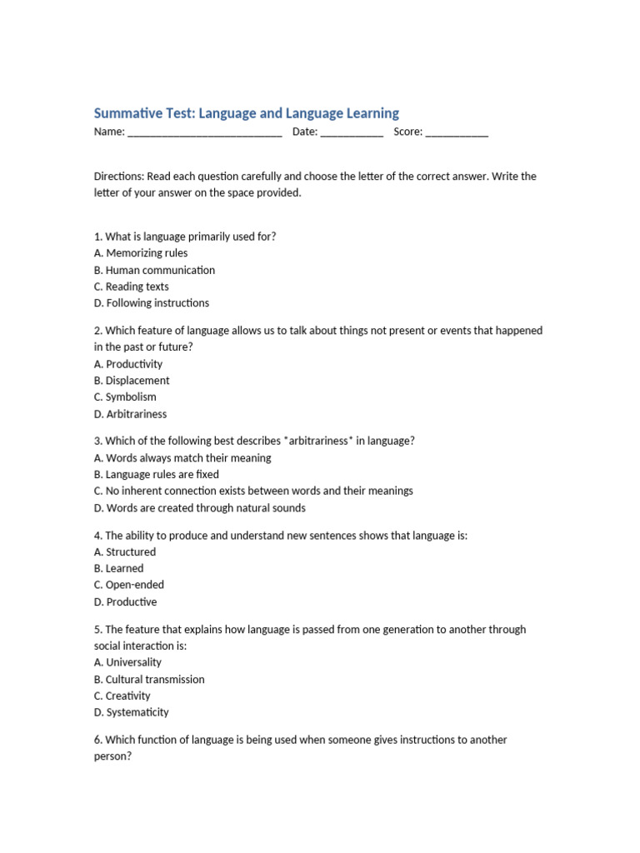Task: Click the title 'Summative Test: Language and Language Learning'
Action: tap(247, 112)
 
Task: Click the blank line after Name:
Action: tap(205, 132)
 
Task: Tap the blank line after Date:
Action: tap(351, 132)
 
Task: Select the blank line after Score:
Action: tap(457, 132)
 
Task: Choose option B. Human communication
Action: tap(154, 270)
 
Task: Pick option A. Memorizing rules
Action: tap(141, 253)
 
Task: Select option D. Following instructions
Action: tap(152, 303)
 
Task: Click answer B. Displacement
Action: tap(132, 381)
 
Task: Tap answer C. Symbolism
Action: tap(125, 397)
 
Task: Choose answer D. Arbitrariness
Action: tap(130, 414)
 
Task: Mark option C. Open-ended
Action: tap(129, 585)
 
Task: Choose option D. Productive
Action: tap(125, 601)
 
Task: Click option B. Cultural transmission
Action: tap(149, 679)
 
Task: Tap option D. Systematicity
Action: tap(132, 712)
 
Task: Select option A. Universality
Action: tap(128, 662)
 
